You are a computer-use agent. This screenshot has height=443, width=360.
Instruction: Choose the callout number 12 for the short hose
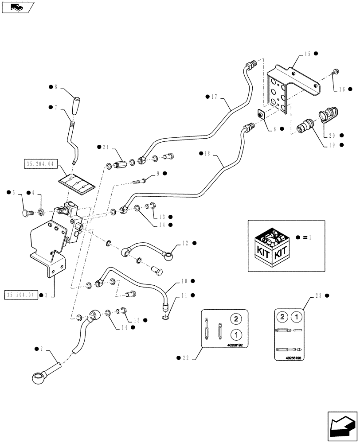[x=185, y=243]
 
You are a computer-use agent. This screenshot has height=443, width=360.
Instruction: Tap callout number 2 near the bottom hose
[x=42, y=349]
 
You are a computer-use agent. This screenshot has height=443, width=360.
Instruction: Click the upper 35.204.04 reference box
[x=39, y=163]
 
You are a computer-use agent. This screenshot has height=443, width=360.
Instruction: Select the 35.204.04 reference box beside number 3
[x=21, y=294]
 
